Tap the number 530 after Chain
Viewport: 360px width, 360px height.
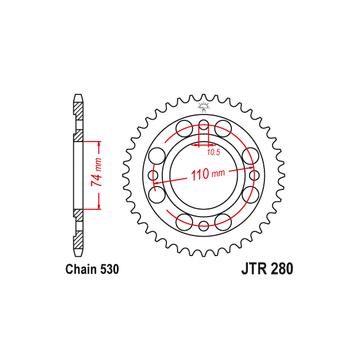click(109, 270)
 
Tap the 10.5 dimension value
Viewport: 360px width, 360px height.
click(213, 152)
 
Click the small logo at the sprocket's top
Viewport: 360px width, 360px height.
click(204, 107)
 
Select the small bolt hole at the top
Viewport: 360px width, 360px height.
click(204, 125)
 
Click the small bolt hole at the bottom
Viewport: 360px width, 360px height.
click(204, 225)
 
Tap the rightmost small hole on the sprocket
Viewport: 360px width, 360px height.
click(254, 175)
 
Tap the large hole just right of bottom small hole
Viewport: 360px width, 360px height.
click(223, 222)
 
